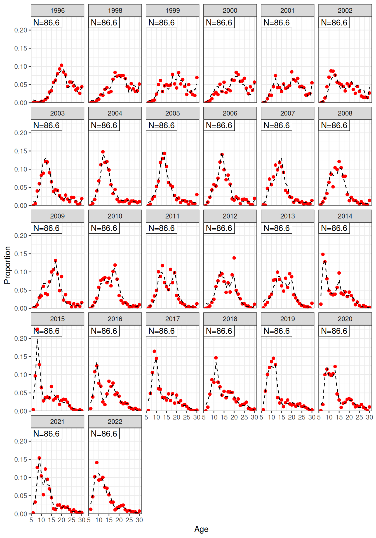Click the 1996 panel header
57,11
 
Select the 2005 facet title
172,113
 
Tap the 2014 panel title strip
345,216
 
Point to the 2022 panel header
115,422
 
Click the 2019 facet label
287,319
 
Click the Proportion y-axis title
8,265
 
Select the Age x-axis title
201,529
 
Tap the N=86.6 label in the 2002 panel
334,23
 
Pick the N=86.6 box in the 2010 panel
104,228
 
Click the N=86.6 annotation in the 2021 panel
46,434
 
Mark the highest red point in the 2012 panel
234,258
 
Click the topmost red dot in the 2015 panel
37,329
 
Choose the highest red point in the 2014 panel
323,254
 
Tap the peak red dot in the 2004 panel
103,152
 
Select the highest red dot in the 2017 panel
154,351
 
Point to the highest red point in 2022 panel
97,463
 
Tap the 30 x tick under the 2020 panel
369,417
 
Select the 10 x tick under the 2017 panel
156,417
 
